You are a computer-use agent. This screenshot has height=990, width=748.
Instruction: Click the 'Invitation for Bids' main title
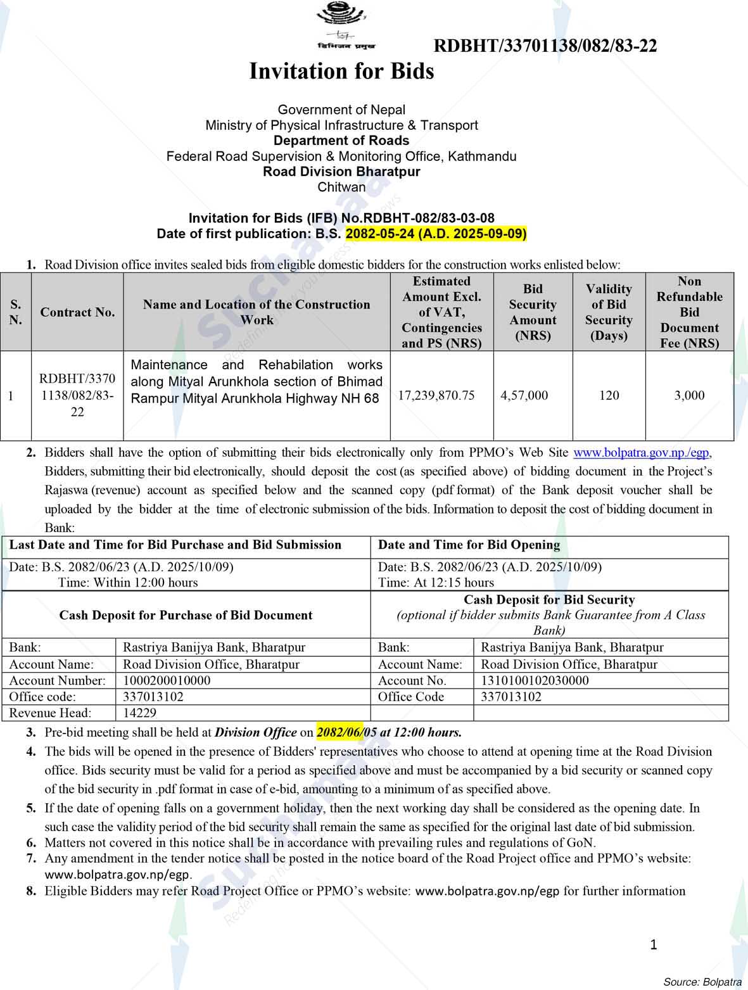341,71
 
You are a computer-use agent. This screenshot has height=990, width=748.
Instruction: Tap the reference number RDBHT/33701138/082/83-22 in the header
545,46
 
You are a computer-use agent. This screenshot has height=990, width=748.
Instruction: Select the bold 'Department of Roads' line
341,141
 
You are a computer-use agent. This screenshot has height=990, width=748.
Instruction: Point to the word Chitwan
341,187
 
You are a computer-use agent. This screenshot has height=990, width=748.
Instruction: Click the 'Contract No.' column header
77,312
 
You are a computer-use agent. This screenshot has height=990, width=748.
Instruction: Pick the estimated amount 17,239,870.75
436,395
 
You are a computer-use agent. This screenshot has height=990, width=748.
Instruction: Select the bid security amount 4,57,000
524,395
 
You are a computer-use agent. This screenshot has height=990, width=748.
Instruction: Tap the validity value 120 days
609,395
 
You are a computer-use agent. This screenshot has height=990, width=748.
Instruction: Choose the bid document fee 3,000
689,395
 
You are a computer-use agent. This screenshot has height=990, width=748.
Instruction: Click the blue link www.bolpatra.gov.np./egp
642,453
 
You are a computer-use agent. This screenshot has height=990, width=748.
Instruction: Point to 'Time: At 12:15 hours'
436,583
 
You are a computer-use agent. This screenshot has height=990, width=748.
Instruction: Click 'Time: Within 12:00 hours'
128,583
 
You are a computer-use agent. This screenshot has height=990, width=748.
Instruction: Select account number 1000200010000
167,680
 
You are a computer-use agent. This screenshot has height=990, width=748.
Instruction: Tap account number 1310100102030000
535,680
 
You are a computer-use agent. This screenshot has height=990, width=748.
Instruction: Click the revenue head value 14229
139,713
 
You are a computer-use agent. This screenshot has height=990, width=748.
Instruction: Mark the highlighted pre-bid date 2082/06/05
346,732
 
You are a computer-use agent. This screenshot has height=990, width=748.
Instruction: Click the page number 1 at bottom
654,945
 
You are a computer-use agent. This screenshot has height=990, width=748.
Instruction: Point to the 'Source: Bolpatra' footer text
702,982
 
